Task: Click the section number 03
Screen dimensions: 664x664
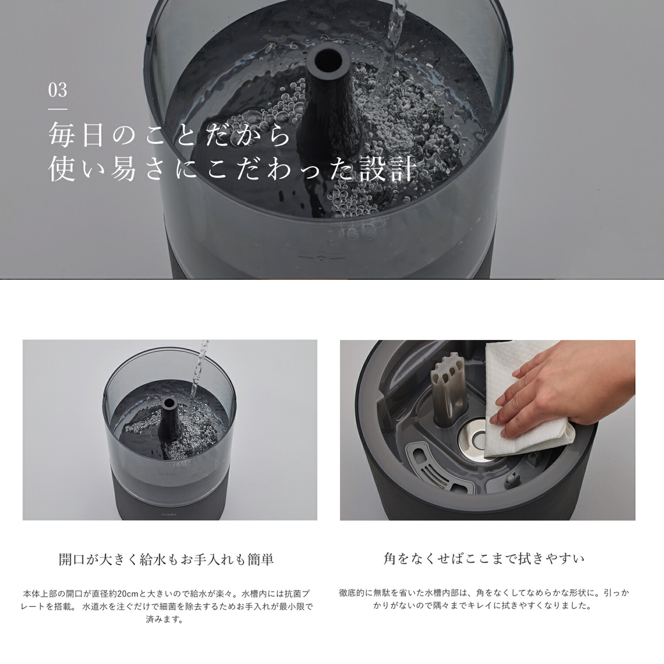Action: pyautogui.click(x=58, y=90)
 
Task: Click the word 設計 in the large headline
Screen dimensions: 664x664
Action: pyautogui.click(x=388, y=170)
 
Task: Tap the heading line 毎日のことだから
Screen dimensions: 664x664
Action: pyautogui.click(x=169, y=135)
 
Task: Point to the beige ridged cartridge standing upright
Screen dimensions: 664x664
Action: pyautogui.click(x=448, y=390)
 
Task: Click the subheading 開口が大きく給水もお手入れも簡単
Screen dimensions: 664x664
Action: pyautogui.click(x=166, y=560)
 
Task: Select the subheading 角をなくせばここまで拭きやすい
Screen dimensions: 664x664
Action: pyautogui.click(x=484, y=559)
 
